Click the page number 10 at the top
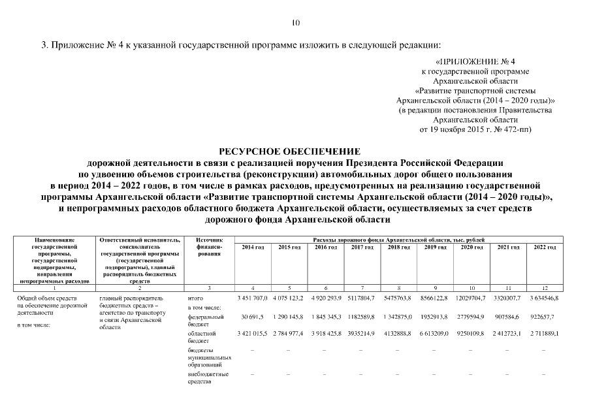[x=295, y=23]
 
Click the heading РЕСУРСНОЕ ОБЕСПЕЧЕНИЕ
[x=295, y=152]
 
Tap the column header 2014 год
[x=253, y=247]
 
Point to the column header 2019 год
[x=435, y=247]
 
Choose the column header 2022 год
[x=545, y=247]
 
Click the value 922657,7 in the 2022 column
[x=545, y=316]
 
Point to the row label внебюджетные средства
[x=208, y=378]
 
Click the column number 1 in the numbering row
[x=55, y=287]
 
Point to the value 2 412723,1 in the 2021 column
[x=508, y=333]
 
